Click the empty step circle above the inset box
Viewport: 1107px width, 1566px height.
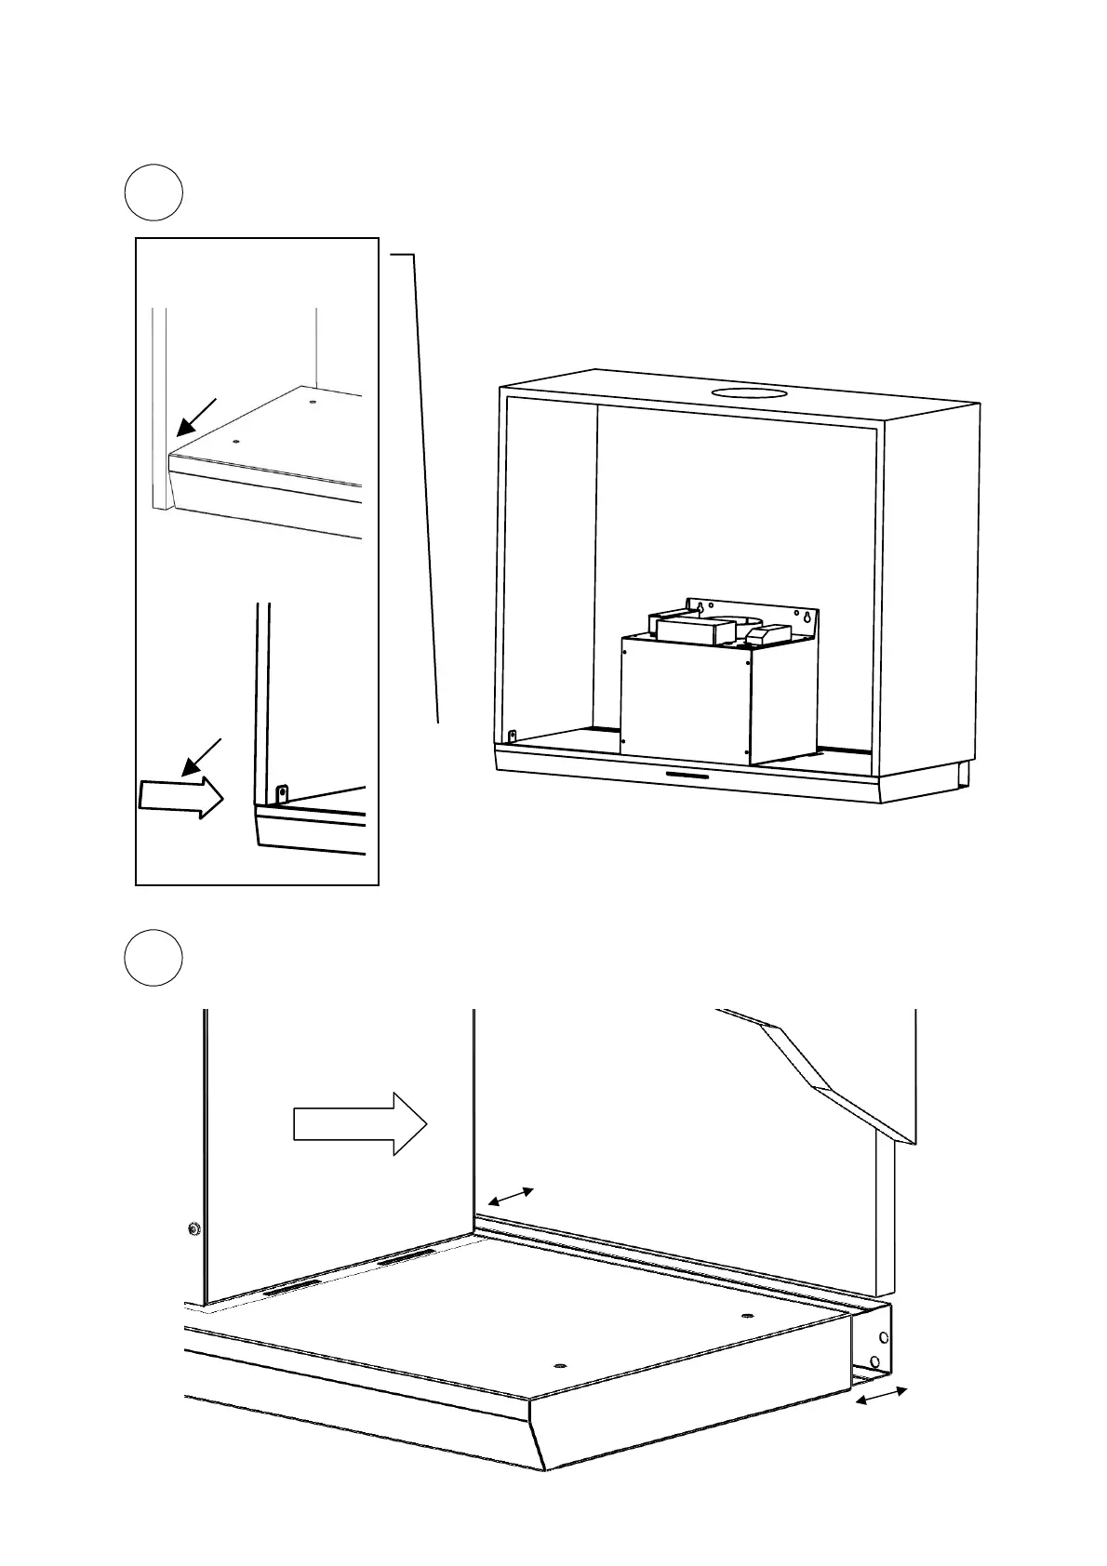[x=153, y=193]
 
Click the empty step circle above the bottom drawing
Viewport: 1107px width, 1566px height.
[x=153, y=957]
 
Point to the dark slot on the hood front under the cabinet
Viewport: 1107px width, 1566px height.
[x=687, y=776]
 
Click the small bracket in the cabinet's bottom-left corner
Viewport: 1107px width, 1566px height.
[x=512, y=736]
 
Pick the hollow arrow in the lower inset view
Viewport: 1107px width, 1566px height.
[x=181, y=797]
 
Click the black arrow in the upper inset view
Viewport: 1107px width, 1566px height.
[x=196, y=417]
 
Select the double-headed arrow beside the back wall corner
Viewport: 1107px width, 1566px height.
[x=511, y=1198]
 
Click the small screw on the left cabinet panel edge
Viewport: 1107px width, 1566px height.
[x=193, y=1228]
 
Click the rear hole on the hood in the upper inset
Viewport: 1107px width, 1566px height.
[x=312, y=403]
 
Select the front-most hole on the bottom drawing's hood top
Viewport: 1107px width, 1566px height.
[x=559, y=1365]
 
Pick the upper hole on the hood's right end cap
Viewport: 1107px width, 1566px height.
[x=883, y=1338]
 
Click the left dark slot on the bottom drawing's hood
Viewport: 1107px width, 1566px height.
[x=293, y=1291]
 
